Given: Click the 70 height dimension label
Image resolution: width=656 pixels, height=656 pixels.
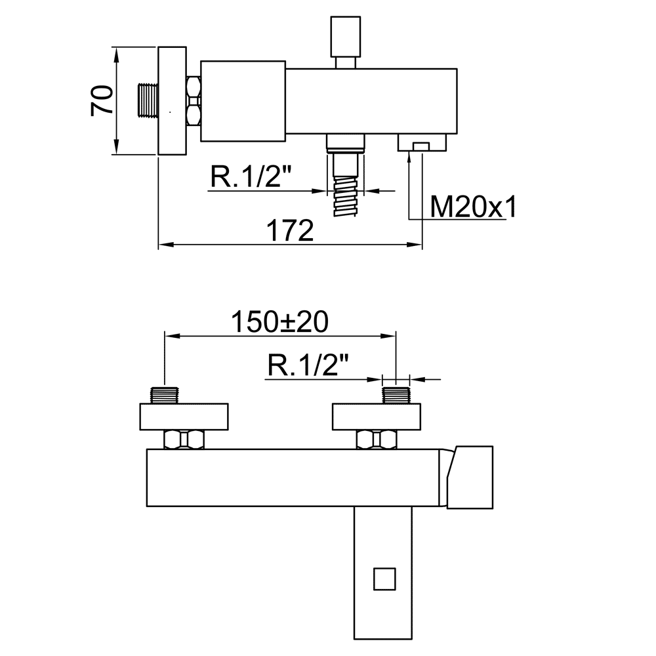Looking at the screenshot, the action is (x=102, y=100).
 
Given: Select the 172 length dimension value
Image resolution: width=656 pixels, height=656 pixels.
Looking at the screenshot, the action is (x=290, y=230).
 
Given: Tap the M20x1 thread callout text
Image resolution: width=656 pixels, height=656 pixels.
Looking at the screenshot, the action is (x=473, y=206).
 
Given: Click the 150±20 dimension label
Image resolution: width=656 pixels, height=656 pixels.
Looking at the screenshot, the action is (x=279, y=321).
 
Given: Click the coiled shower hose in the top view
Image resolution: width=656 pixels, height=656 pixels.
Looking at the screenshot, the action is (x=346, y=195).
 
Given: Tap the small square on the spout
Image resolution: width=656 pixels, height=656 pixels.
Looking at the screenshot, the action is (x=384, y=579).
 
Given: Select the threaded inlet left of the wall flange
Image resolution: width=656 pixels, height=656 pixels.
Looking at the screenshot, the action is (x=148, y=100).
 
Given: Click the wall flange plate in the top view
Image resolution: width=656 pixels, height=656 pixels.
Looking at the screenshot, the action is (x=172, y=101).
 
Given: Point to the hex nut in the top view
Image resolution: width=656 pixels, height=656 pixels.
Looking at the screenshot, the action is (x=194, y=101).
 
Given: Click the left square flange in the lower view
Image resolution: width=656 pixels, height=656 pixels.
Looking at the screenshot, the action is (x=184, y=417).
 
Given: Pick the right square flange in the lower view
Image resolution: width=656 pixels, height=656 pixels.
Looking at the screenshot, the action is (x=377, y=417).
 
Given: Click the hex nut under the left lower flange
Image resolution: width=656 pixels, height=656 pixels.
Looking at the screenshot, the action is (x=184, y=440).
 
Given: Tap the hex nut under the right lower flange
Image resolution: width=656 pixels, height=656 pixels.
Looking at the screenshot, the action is (x=377, y=440).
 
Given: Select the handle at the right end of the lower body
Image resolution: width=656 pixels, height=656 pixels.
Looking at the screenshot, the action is (x=470, y=478).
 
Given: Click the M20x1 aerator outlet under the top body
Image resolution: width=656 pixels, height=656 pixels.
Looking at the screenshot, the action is (x=422, y=142).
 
